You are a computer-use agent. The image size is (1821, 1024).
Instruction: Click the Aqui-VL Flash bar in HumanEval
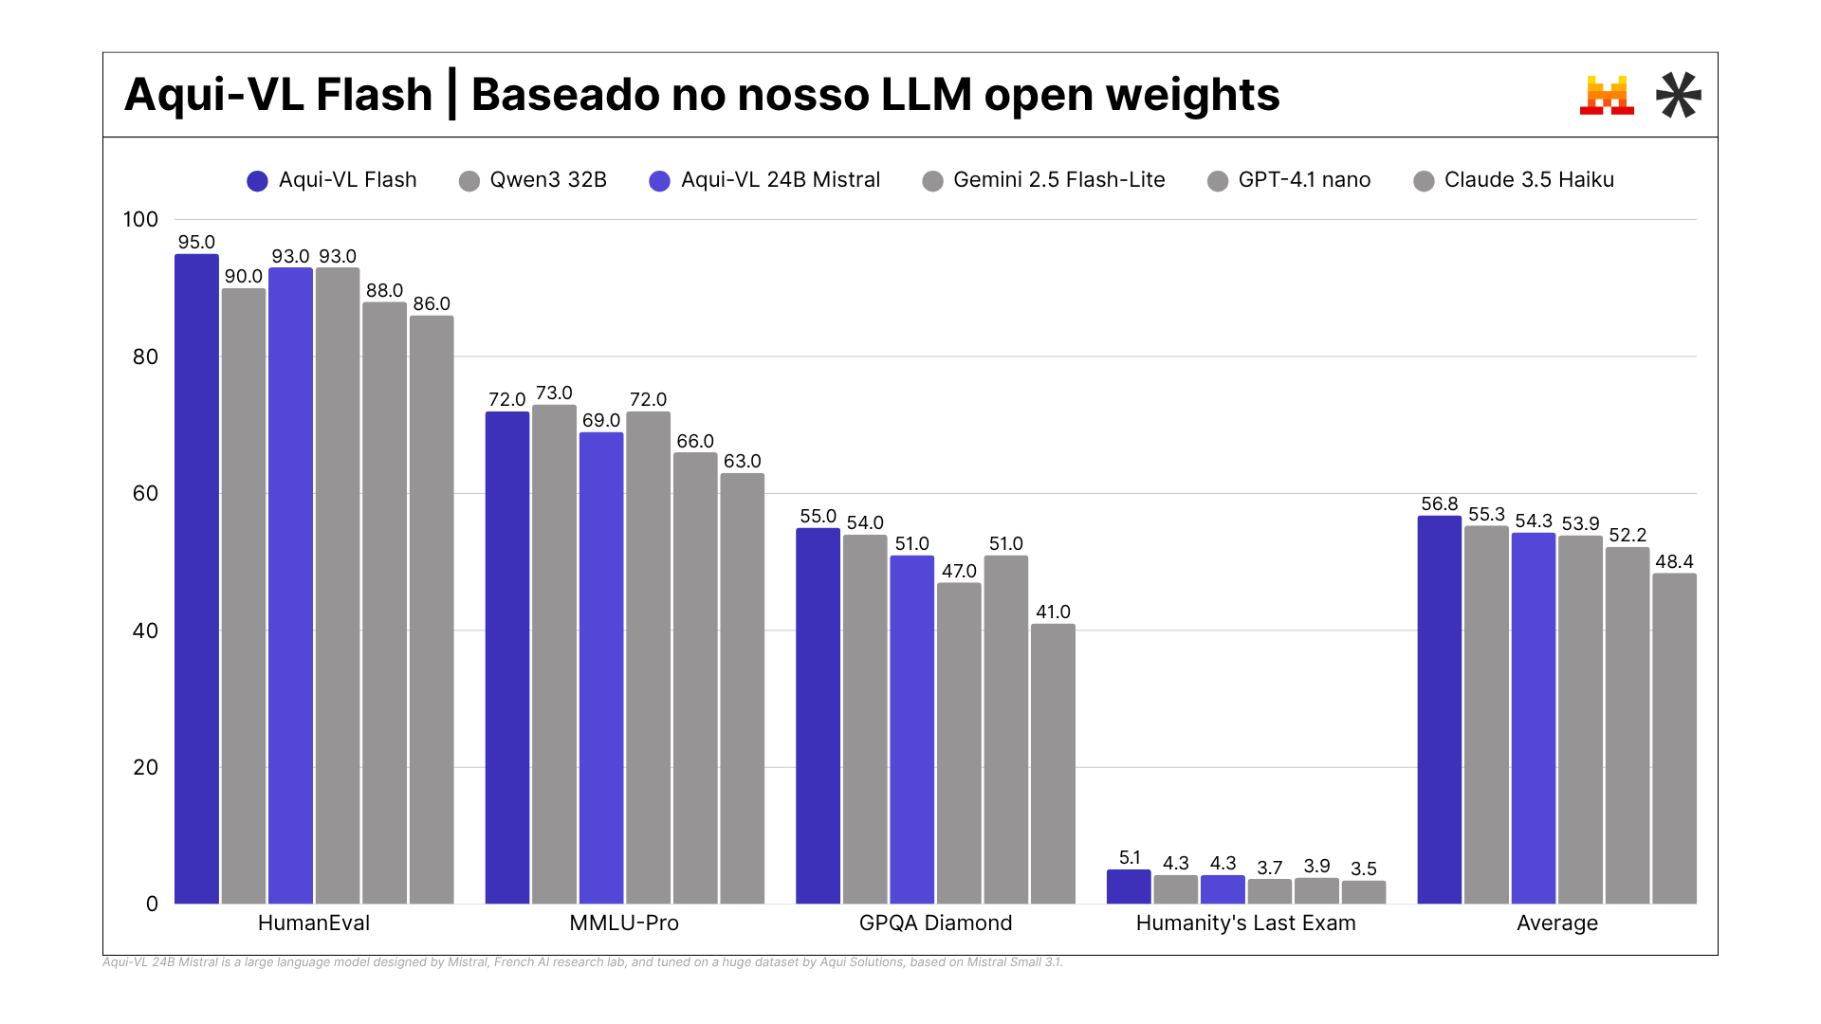[x=196, y=578]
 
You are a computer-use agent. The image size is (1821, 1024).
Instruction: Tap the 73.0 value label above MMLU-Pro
[x=554, y=393]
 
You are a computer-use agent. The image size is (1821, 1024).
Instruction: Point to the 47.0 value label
[x=959, y=571]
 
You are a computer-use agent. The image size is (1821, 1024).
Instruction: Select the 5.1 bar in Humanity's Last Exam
[x=1129, y=887]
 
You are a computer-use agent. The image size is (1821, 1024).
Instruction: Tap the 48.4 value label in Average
[x=1674, y=561]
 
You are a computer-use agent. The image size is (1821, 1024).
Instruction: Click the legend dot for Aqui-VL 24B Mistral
[x=659, y=181]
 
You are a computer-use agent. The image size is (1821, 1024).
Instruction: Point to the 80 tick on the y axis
[x=145, y=357]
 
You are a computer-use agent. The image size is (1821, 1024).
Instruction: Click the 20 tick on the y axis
[x=145, y=767]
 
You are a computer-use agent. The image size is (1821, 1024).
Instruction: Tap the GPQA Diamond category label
[x=935, y=923]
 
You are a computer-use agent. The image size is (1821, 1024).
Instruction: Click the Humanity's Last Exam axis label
[x=1245, y=923]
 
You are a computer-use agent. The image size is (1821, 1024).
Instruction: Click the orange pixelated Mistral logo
[x=1607, y=96]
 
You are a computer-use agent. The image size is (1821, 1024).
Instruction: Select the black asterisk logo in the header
[x=1678, y=95]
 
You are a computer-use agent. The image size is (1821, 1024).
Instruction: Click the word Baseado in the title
[x=564, y=95]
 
